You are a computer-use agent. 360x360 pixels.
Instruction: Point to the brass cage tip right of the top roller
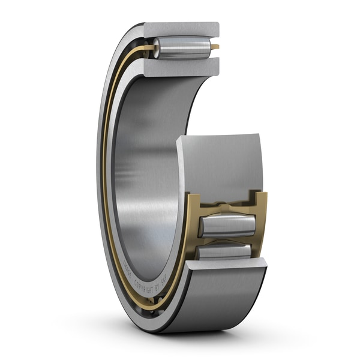(214, 46)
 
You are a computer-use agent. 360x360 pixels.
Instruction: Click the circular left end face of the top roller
(156, 48)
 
